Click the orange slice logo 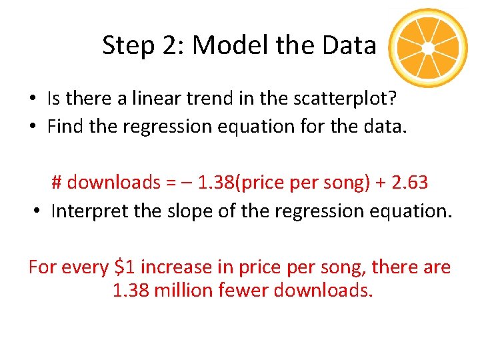click(x=429, y=49)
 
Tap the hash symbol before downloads click(x=57, y=182)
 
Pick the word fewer click(x=248, y=290)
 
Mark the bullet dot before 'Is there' click(x=32, y=99)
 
